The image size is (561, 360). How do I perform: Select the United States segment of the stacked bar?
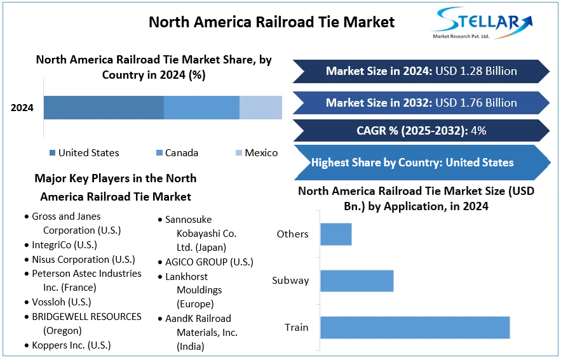[104, 107]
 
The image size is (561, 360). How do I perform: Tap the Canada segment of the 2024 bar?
[201, 107]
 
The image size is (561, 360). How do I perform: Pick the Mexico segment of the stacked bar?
[260, 107]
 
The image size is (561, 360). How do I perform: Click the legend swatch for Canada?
[159, 153]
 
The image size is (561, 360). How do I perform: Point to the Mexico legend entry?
[257, 153]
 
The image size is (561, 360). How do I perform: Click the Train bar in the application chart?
[415, 327]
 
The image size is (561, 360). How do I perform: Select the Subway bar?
[356, 281]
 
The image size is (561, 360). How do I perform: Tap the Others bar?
[335, 234]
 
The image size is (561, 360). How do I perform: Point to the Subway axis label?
[290, 281]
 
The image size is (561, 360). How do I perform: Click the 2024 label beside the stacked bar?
[22, 108]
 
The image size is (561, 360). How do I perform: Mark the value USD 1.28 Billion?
[476, 71]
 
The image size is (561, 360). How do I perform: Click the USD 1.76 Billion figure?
[476, 103]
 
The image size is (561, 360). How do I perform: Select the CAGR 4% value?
[479, 131]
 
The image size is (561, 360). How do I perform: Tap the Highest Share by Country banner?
[412, 163]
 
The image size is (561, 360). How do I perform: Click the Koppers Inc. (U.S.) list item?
[71, 345]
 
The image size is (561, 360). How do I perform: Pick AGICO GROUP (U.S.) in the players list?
[209, 262]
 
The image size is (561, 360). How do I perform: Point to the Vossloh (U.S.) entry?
[61, 302]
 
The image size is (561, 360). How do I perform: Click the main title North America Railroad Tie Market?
[271, 22]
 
